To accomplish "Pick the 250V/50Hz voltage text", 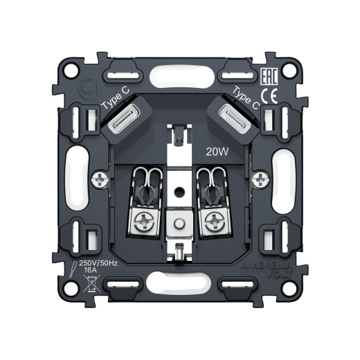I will click(99, 263).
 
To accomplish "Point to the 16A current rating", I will click(91, 271).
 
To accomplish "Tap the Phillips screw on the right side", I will click(259, 181).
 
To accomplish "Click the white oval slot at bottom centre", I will click(181, 282).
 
